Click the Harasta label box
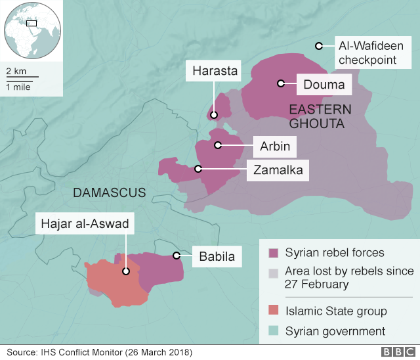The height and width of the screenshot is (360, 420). (214, 71)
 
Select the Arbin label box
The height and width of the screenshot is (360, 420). (274, 146)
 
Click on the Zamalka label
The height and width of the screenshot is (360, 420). (278, 170)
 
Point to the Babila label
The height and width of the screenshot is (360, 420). (217, 256)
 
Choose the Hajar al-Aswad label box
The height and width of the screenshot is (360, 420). (85, 223)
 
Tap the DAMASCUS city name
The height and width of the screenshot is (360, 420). (110, 192)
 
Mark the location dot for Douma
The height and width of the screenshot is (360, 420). (280, 83)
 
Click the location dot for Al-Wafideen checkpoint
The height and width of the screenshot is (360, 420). (318, 46)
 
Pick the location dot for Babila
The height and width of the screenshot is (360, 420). (176, 255)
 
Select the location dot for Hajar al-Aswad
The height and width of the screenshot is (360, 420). (125, 270)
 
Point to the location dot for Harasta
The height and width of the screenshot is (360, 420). (214, 115)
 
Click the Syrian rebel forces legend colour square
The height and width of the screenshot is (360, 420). (272, 253)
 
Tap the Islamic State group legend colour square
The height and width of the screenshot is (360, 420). (272, 311)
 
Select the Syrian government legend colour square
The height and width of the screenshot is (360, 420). (272, 331)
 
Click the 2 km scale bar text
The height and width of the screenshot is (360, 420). (16, 70)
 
